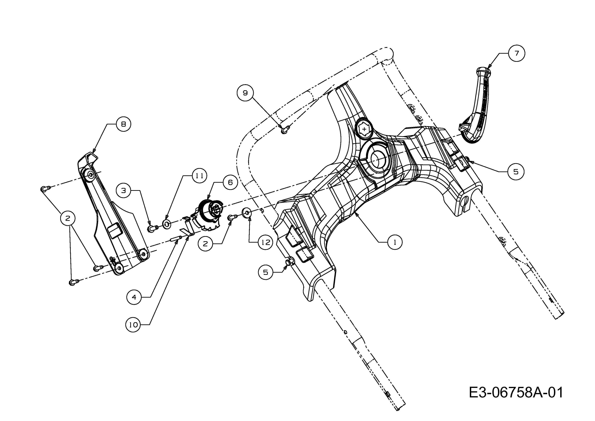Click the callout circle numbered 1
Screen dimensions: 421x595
(395, 242)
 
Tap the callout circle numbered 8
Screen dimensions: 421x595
(123, 124)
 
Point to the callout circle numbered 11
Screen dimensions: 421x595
(199, 176)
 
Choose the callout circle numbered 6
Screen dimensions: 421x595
(230, 183)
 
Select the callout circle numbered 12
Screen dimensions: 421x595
(266, 242)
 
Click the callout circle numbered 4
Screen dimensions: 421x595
(134, 297)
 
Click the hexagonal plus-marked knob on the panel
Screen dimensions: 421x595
(364, 129)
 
